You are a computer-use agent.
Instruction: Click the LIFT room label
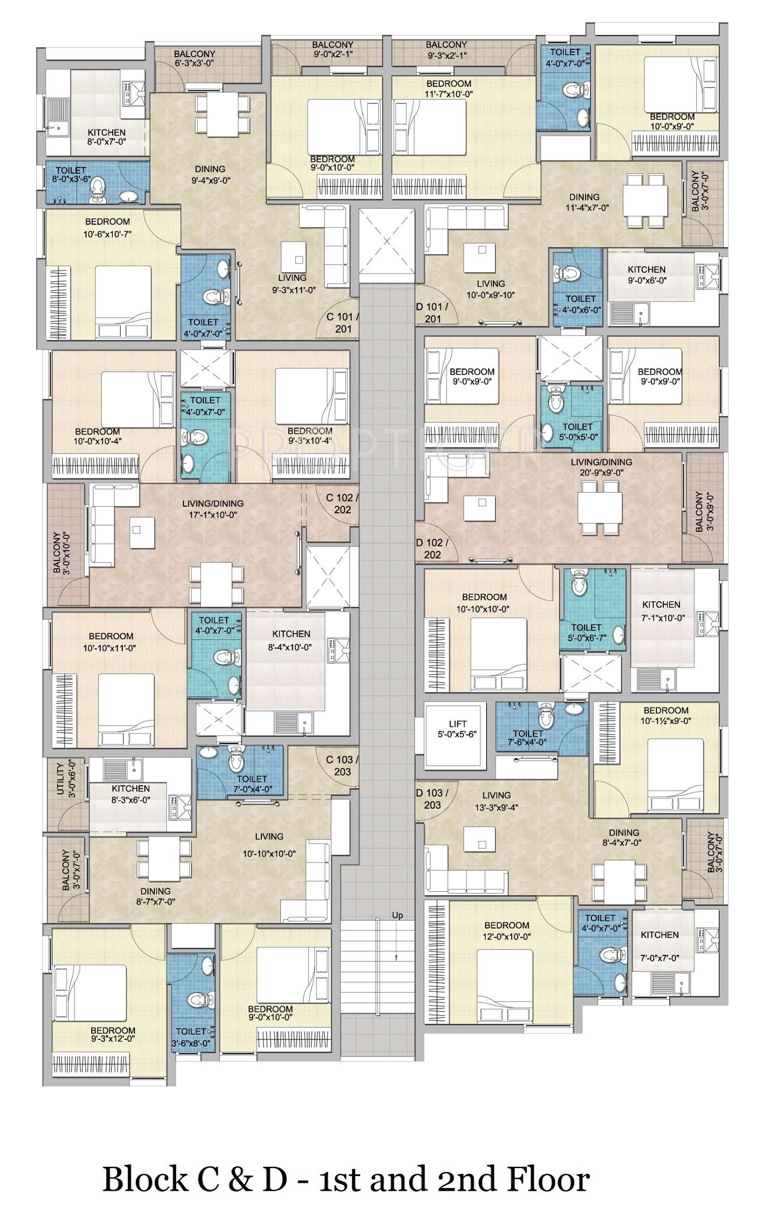coord(458,729)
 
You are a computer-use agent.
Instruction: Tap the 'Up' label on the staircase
coord(397,915)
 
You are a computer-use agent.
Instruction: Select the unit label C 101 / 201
coord(343,323)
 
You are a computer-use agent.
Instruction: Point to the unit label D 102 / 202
coord(432,549)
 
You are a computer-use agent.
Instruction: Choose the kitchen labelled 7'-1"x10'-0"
coord(661,611)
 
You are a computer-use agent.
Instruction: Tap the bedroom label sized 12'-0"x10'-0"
coord(506,931)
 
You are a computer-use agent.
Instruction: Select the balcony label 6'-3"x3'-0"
coord(194,59)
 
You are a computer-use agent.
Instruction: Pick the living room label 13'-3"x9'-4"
coord(497,801)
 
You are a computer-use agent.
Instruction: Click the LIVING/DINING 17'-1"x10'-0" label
coord(213,509)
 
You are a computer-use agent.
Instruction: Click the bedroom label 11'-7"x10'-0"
coord(449,88)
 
